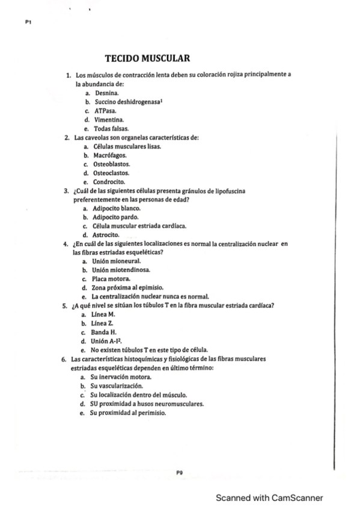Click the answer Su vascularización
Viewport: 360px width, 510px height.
tap(117, 386)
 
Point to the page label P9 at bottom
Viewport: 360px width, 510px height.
tap(179, 473)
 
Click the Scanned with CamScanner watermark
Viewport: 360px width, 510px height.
tap(270, 498)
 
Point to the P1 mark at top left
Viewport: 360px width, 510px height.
tap(28, 22)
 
